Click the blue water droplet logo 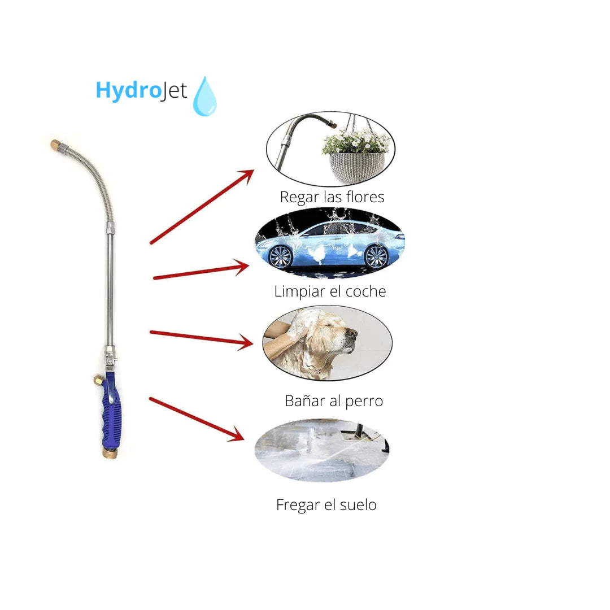pyautogui.click(x=205, y=97)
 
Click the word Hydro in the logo pyautogui.click(x=128, y=90)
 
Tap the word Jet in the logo pyautogui.click(x=175, y=91)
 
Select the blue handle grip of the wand pyautogui.click(x=111, y=411)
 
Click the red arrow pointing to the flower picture pyautogui.click(x=202, y=207)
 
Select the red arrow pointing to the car pyautogui.click(x=201, y=271)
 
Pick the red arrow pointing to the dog pyautogui.click(x=202, y=338)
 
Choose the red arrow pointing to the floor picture pyautogui.click(x=197, y=419)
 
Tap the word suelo pyautogui.click(x=358, y=504)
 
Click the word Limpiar pyautogui.click(x=299, y=291)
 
